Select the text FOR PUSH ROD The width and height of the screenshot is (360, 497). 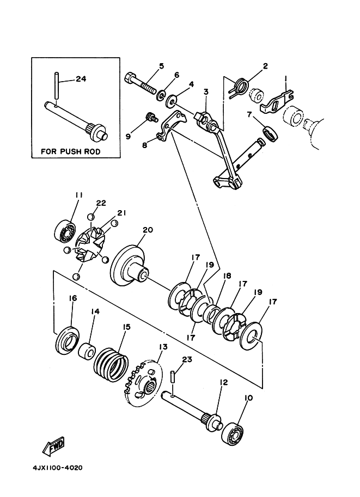tap(70, 151)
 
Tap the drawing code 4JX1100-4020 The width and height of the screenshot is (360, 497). tap(57, 468)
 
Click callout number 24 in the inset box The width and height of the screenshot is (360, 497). tap(81, 78)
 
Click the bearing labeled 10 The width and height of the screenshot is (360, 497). tap(233, 433)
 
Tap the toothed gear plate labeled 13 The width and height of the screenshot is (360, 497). tap(143, 381)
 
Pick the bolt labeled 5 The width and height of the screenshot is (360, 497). tap(141, 84)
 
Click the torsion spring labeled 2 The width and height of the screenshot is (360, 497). tap(239, 87)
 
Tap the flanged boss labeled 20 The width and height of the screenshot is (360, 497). tap(129, 265)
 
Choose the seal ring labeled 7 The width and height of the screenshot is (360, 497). tap(271, 133)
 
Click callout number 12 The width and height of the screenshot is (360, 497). tap(224, 383)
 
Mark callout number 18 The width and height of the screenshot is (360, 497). tap(227, 276)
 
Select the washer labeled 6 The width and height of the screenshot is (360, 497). tap(161, 95)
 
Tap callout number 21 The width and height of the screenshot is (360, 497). tap(122, 213)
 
